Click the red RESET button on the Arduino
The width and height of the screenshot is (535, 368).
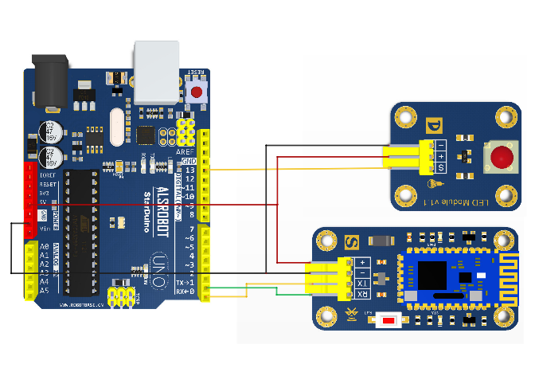point(197,92)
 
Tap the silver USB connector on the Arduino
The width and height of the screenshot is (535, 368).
point(156,72)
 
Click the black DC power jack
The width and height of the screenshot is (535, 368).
point(47,80)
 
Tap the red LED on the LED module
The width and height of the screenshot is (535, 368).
point(502,157)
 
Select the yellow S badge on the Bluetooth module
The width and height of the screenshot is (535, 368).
point(353,241)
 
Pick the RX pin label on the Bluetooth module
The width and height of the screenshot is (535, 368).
point(361,295)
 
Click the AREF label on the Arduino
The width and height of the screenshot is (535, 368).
point(185,151)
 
